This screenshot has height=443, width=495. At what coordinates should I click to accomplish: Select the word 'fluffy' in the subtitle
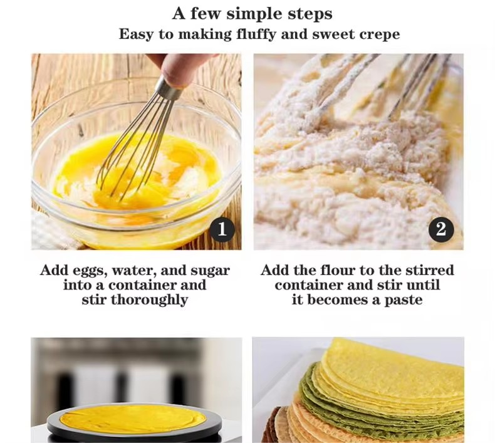[x=256, y=34]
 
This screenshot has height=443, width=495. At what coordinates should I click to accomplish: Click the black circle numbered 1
[x=222, y=229]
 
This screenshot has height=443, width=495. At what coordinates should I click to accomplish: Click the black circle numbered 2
[x=441, y=229]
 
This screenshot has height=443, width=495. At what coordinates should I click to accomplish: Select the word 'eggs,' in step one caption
[x=90, y=271]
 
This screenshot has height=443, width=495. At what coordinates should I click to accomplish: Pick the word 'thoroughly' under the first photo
[x=149, y=300]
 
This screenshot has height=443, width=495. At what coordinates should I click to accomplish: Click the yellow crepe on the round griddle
[x=133, y=419]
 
